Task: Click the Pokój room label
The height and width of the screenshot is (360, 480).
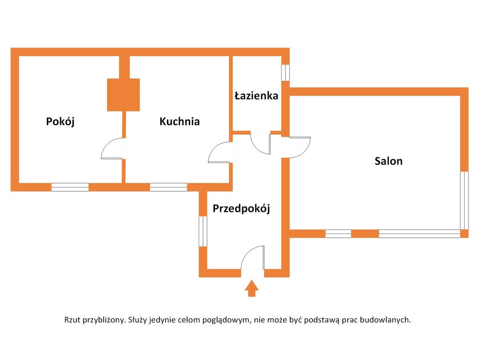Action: (60, 121)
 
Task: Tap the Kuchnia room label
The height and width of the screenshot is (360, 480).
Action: (180, 121)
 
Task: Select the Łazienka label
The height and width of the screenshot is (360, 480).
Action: (256, 96)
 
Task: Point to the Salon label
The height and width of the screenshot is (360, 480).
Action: (389, 161)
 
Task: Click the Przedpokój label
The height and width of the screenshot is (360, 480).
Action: (241, 209)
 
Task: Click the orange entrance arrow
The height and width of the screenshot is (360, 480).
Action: (252, 288)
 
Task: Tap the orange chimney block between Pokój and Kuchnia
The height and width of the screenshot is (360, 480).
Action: (123, 95)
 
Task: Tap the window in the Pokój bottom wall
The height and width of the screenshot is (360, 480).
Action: (70, 187)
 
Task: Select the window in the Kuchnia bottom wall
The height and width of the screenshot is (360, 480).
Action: (168, 187)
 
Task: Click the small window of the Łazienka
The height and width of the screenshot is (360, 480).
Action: (285, 73)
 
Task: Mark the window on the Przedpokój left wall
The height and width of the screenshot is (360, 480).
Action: (203, 232)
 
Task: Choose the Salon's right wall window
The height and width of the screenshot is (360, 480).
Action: (465, 201)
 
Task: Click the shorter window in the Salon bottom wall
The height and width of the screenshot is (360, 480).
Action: (338, 233)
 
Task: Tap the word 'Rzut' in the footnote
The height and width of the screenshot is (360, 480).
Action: (72, 320)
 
